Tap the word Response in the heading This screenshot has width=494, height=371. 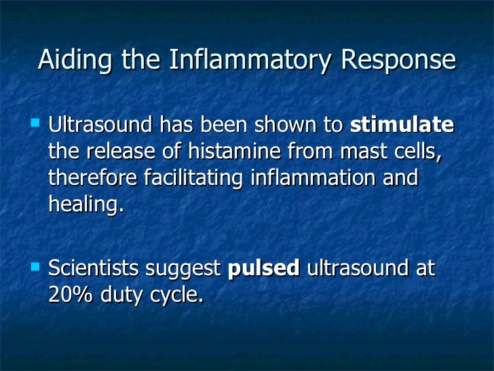[x=398, y=60]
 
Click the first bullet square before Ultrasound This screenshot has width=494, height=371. [x=35, y=124]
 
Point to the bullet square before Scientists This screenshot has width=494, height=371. [x=35, y=266]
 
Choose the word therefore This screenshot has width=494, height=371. [x=93, y=178]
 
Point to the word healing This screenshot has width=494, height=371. [x=86, y=205]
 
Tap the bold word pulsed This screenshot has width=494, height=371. [x=264, y=269]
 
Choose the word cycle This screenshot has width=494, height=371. [x=181, y=296]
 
